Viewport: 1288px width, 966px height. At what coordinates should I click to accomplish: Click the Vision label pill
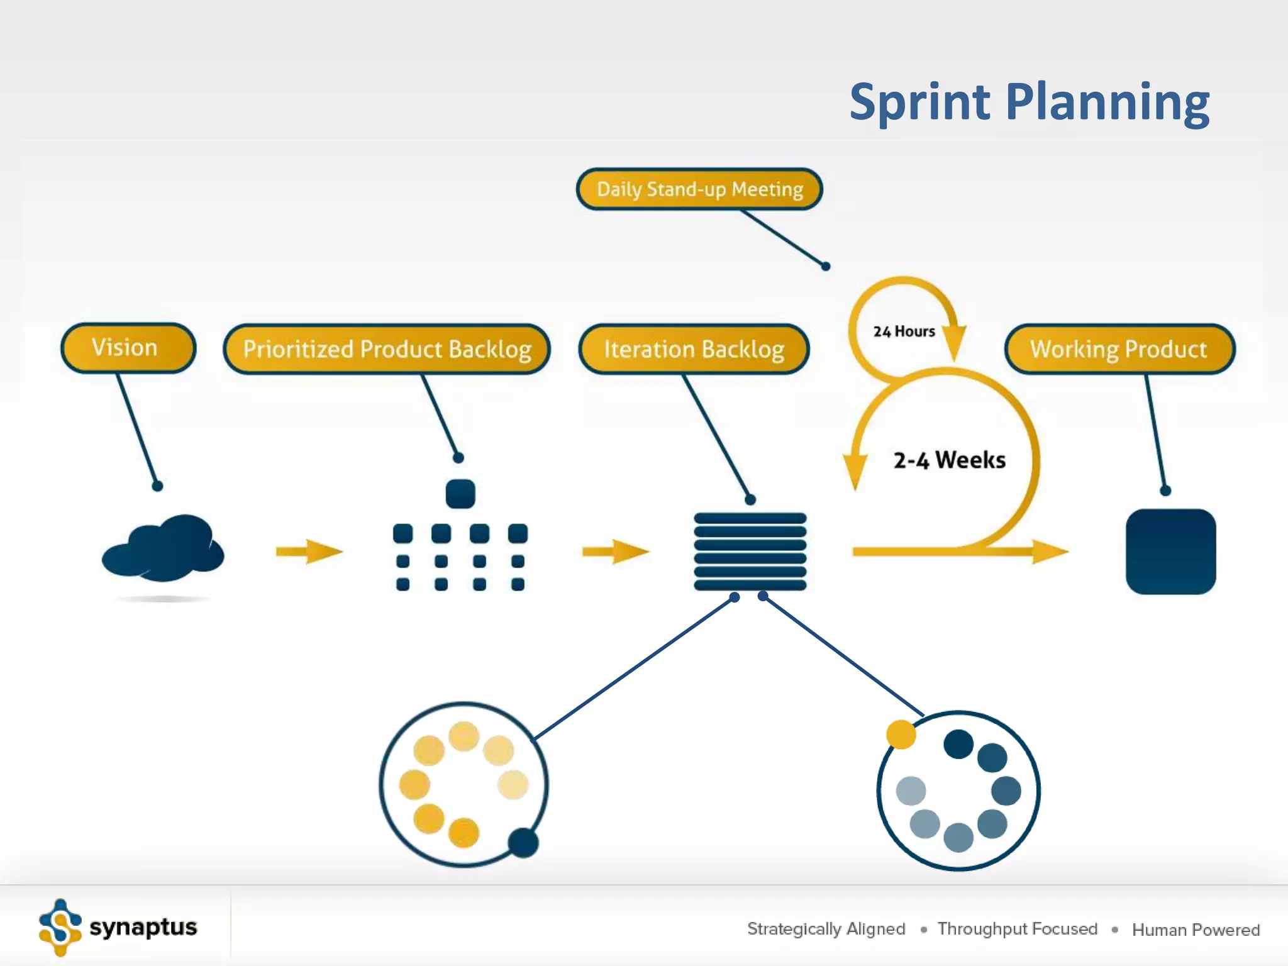click(128, 348)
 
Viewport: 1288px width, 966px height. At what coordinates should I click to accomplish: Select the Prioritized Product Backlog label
click(387, 349)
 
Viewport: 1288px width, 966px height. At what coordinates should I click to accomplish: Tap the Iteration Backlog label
click(694, 349)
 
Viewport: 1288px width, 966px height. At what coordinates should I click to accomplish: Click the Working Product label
click(1119, 349)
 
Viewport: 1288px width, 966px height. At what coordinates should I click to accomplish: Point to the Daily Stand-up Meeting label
click(699, 189)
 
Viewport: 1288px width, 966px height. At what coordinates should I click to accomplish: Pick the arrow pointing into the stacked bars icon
click(615, 552)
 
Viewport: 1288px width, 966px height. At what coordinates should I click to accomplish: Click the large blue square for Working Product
click(1170, 552)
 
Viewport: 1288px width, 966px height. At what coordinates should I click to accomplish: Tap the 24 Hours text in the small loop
click(904, 331)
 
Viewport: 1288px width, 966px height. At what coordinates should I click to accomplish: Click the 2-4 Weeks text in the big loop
click(949, 460)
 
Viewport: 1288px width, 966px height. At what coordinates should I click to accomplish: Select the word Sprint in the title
click(920, 102)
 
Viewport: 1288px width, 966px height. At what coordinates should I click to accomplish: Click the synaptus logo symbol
click(60, 927)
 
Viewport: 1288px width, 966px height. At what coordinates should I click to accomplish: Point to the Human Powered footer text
click(1196, 930)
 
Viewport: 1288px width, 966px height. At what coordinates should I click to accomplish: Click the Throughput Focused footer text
click(1017, 929)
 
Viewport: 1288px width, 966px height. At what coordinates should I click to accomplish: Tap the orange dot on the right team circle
click(901, 735)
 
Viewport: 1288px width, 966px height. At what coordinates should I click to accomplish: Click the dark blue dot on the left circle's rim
click(523, 843)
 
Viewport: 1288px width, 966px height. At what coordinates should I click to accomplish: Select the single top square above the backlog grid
click(460, 494)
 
